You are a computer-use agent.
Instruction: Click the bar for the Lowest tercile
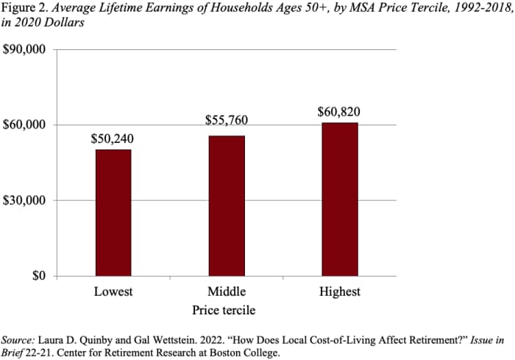pos(113,213)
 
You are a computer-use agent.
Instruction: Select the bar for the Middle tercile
pos(227,206)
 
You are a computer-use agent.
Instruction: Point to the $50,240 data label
pos(113,138)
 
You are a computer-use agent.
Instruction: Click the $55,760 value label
pos(226,119)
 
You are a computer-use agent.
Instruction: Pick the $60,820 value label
pos(339,112)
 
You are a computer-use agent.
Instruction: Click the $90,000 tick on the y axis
pos(25,49)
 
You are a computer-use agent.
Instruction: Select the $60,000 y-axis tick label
pos(25,124)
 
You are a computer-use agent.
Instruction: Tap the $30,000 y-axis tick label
pos(25,200)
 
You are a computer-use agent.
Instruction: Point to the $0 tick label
pos(38,276)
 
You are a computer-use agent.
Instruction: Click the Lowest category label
pos(113,292)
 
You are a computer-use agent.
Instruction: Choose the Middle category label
pos(226,292)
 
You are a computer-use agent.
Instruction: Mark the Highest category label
pos(339,292)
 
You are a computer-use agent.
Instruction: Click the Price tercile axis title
pos(224,310)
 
